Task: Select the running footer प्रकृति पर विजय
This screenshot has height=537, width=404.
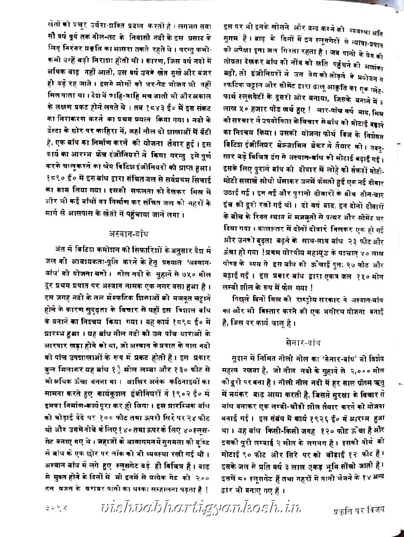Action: coord(357,510)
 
